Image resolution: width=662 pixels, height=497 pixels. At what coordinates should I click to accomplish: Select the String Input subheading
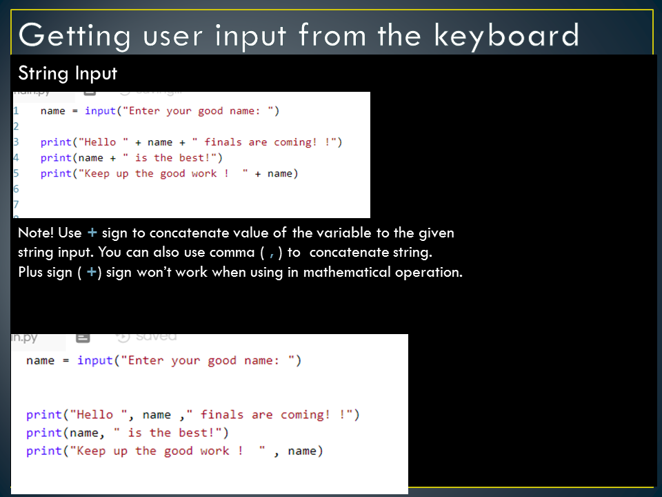click(68, 73)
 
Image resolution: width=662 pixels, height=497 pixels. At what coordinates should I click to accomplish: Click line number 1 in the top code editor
click(15, 110)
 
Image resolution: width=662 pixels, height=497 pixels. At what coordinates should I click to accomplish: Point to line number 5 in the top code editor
click(15, 173)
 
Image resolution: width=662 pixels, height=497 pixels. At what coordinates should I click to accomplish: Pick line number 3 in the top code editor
click(15, 142)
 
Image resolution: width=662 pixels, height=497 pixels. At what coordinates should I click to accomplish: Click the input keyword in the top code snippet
click(99, 110)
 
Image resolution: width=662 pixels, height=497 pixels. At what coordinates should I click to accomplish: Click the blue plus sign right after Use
click(92, 233)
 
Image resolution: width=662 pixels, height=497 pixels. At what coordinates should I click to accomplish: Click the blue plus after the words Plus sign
click(91, 271)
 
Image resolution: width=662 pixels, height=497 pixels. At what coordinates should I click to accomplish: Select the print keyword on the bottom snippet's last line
click(44, 451)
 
